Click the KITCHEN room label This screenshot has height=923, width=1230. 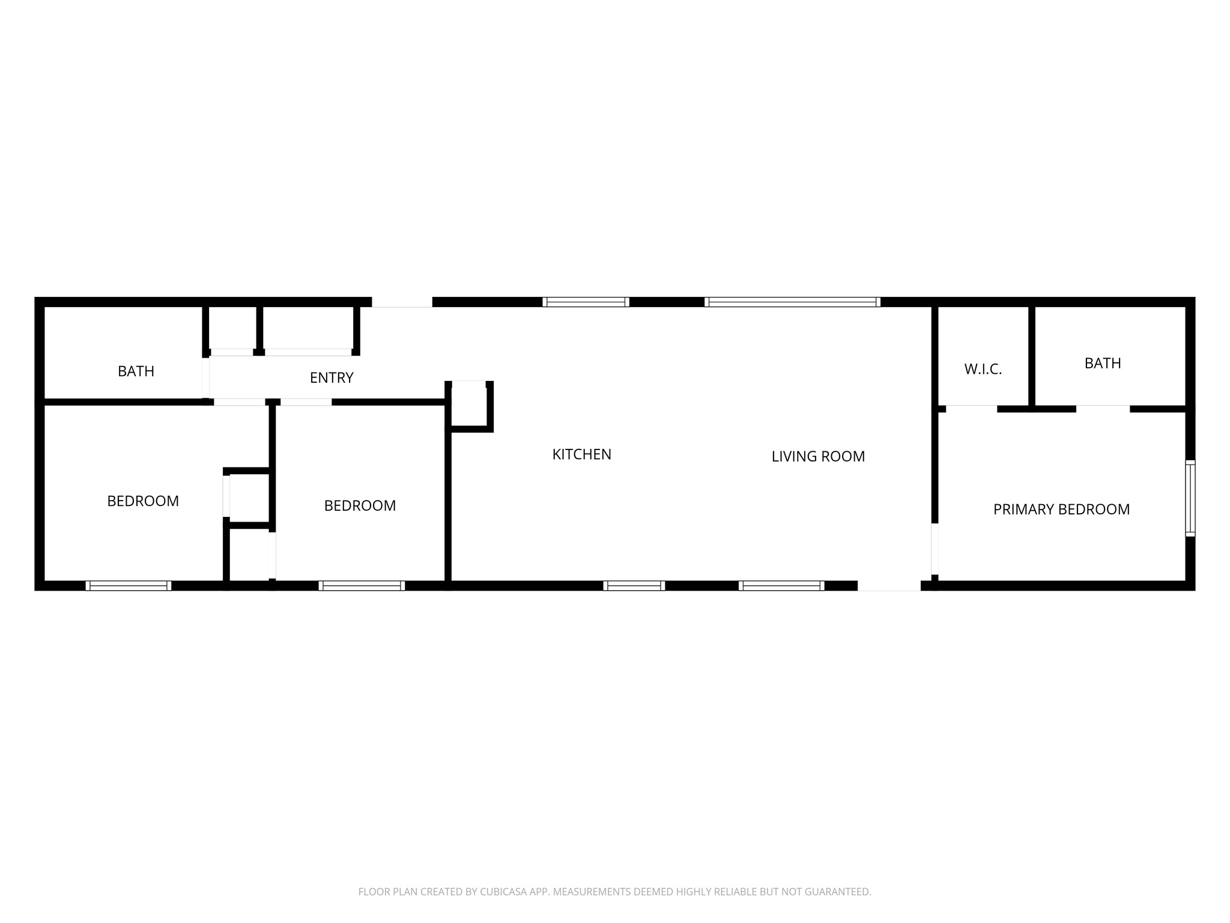(581, 454)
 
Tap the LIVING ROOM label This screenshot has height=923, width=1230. (818, 456)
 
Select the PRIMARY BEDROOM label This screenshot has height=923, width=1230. (1061, 510)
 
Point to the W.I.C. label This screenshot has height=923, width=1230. (983, 370)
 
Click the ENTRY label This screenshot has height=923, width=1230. (332, 377)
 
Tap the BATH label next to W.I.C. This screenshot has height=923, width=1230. (1103, 363)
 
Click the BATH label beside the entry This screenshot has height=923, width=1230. (136, 371)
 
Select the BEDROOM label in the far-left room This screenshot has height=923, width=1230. (143, 501)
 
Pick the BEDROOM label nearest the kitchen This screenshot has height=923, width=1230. (360, 506)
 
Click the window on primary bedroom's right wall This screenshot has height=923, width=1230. (1190, 498)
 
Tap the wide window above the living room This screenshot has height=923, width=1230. (792, 302)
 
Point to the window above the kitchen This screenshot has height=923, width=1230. (586, 302)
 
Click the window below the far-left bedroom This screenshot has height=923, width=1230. (129, 586)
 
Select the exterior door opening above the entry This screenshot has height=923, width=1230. (402, 302)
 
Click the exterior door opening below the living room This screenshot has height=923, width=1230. (889, 586)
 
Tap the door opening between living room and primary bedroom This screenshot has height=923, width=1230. (935, 549)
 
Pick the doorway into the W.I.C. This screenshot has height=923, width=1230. (971, 409)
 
